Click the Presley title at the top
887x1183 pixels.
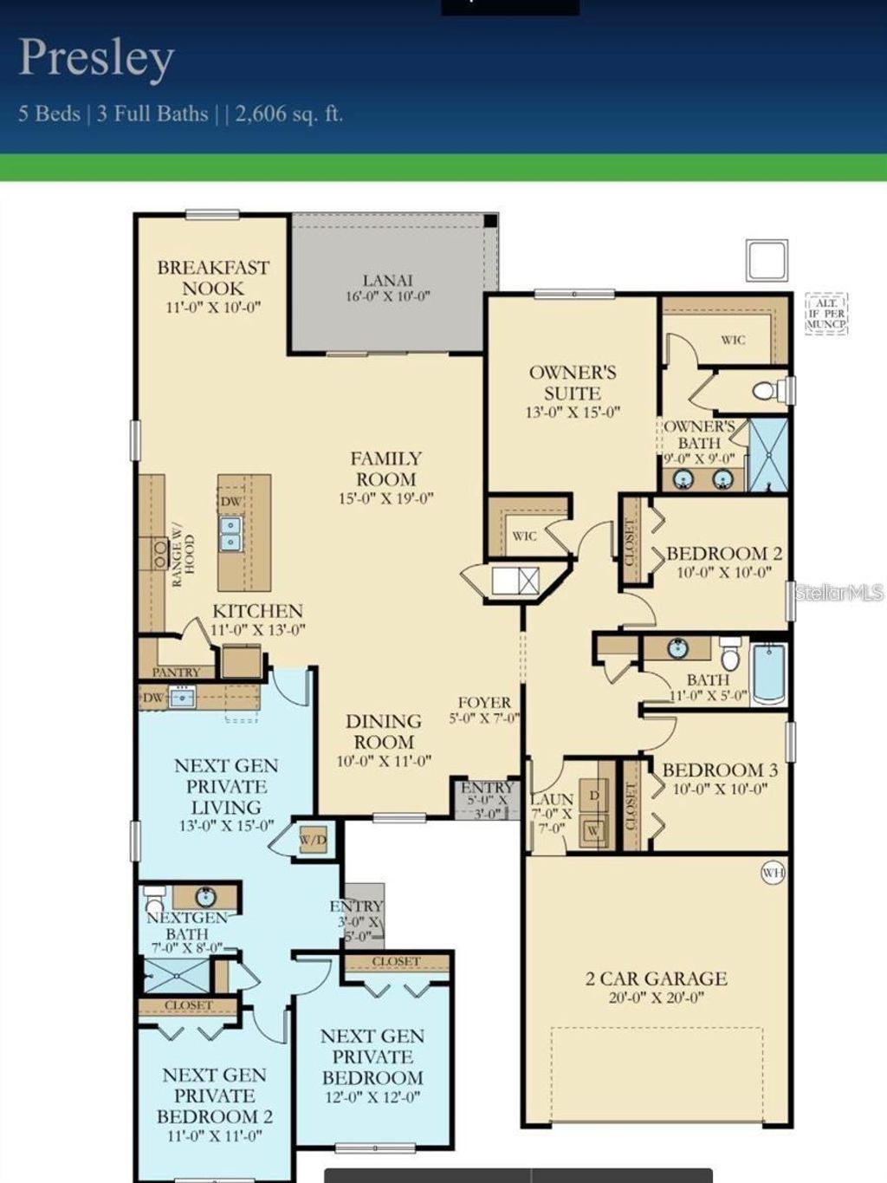tap(96, 59)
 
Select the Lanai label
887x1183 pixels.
tap(387, 281)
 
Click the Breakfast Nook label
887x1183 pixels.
tap(213, 278)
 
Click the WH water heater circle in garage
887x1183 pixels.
tap(772, 873)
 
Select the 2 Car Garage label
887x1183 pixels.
tap(656, 979)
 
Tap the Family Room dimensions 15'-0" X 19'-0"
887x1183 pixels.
tap(385, 499)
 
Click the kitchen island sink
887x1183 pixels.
tap(230, 534)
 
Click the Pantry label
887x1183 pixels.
tap(176, 673)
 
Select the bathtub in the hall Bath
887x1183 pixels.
tap(768, 673)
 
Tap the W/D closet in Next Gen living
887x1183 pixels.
tap(313, 840)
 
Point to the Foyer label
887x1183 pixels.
tap(484, 703)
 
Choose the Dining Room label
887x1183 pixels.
tap(383, 731)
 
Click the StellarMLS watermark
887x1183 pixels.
tap(838, 593)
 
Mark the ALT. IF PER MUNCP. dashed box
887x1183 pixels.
tap(825, 314)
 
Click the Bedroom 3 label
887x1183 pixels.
tap(720, 770)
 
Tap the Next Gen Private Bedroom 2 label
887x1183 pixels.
tap(214, 1095)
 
